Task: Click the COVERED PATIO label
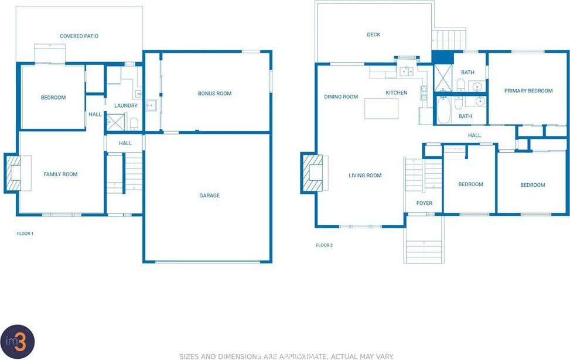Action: tap(79, 36)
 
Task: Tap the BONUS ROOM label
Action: tap(214, 93)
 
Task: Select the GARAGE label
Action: tap(209, 196)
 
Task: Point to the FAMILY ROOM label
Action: tap(60, 174)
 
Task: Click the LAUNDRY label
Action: tap(126, 106)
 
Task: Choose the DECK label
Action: tap(373, 35)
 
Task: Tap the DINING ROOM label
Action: tap(341, 97)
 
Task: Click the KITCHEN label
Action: tap(396, 92)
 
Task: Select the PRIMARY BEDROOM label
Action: tap(528, 91)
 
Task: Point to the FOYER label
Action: tap(424, 203)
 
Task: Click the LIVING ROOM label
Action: tap(365, 176)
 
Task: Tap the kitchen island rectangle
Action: tap(381, 109)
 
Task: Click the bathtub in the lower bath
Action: tap(443, 110)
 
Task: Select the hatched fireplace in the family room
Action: tap(13, 173)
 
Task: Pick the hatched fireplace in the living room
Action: tap(312, 173)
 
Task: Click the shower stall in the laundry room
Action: tap(115, 122)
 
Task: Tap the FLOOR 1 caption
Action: tap(25, 234)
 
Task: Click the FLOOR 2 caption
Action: tap(325, 245)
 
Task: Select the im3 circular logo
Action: tap(18, 342)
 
